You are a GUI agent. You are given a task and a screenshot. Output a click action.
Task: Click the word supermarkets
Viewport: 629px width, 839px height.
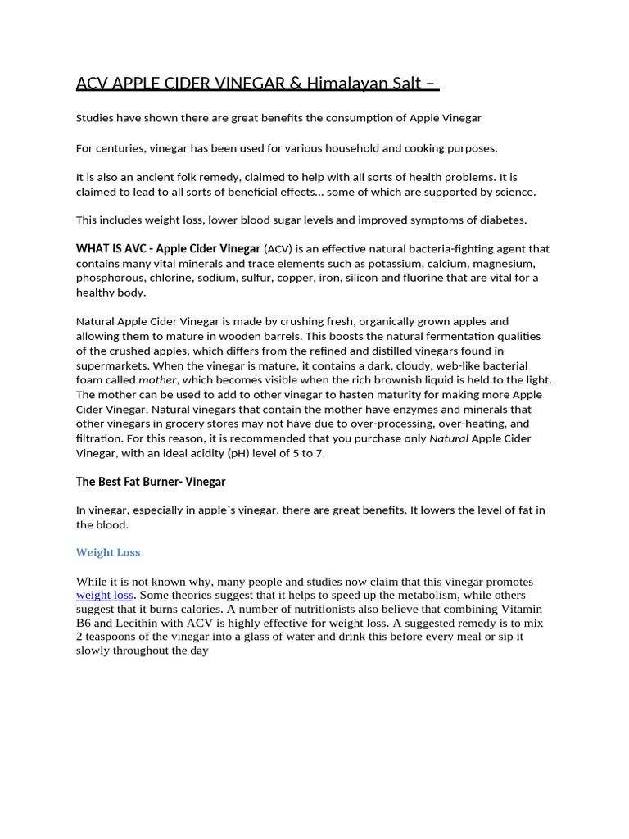(x=115, y=365)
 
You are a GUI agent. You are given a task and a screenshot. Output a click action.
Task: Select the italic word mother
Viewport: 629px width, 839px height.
(x=157, y=380)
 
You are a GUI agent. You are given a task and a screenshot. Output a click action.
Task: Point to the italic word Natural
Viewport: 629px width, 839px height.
(x=449, y=438)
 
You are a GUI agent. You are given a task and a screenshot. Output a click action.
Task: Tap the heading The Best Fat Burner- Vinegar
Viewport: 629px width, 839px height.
(x=151, y=482)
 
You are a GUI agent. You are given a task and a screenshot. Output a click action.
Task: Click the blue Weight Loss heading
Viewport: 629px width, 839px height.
(x=108, y=552)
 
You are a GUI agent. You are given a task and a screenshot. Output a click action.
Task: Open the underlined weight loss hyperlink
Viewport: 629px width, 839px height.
(x=105, y=595)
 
